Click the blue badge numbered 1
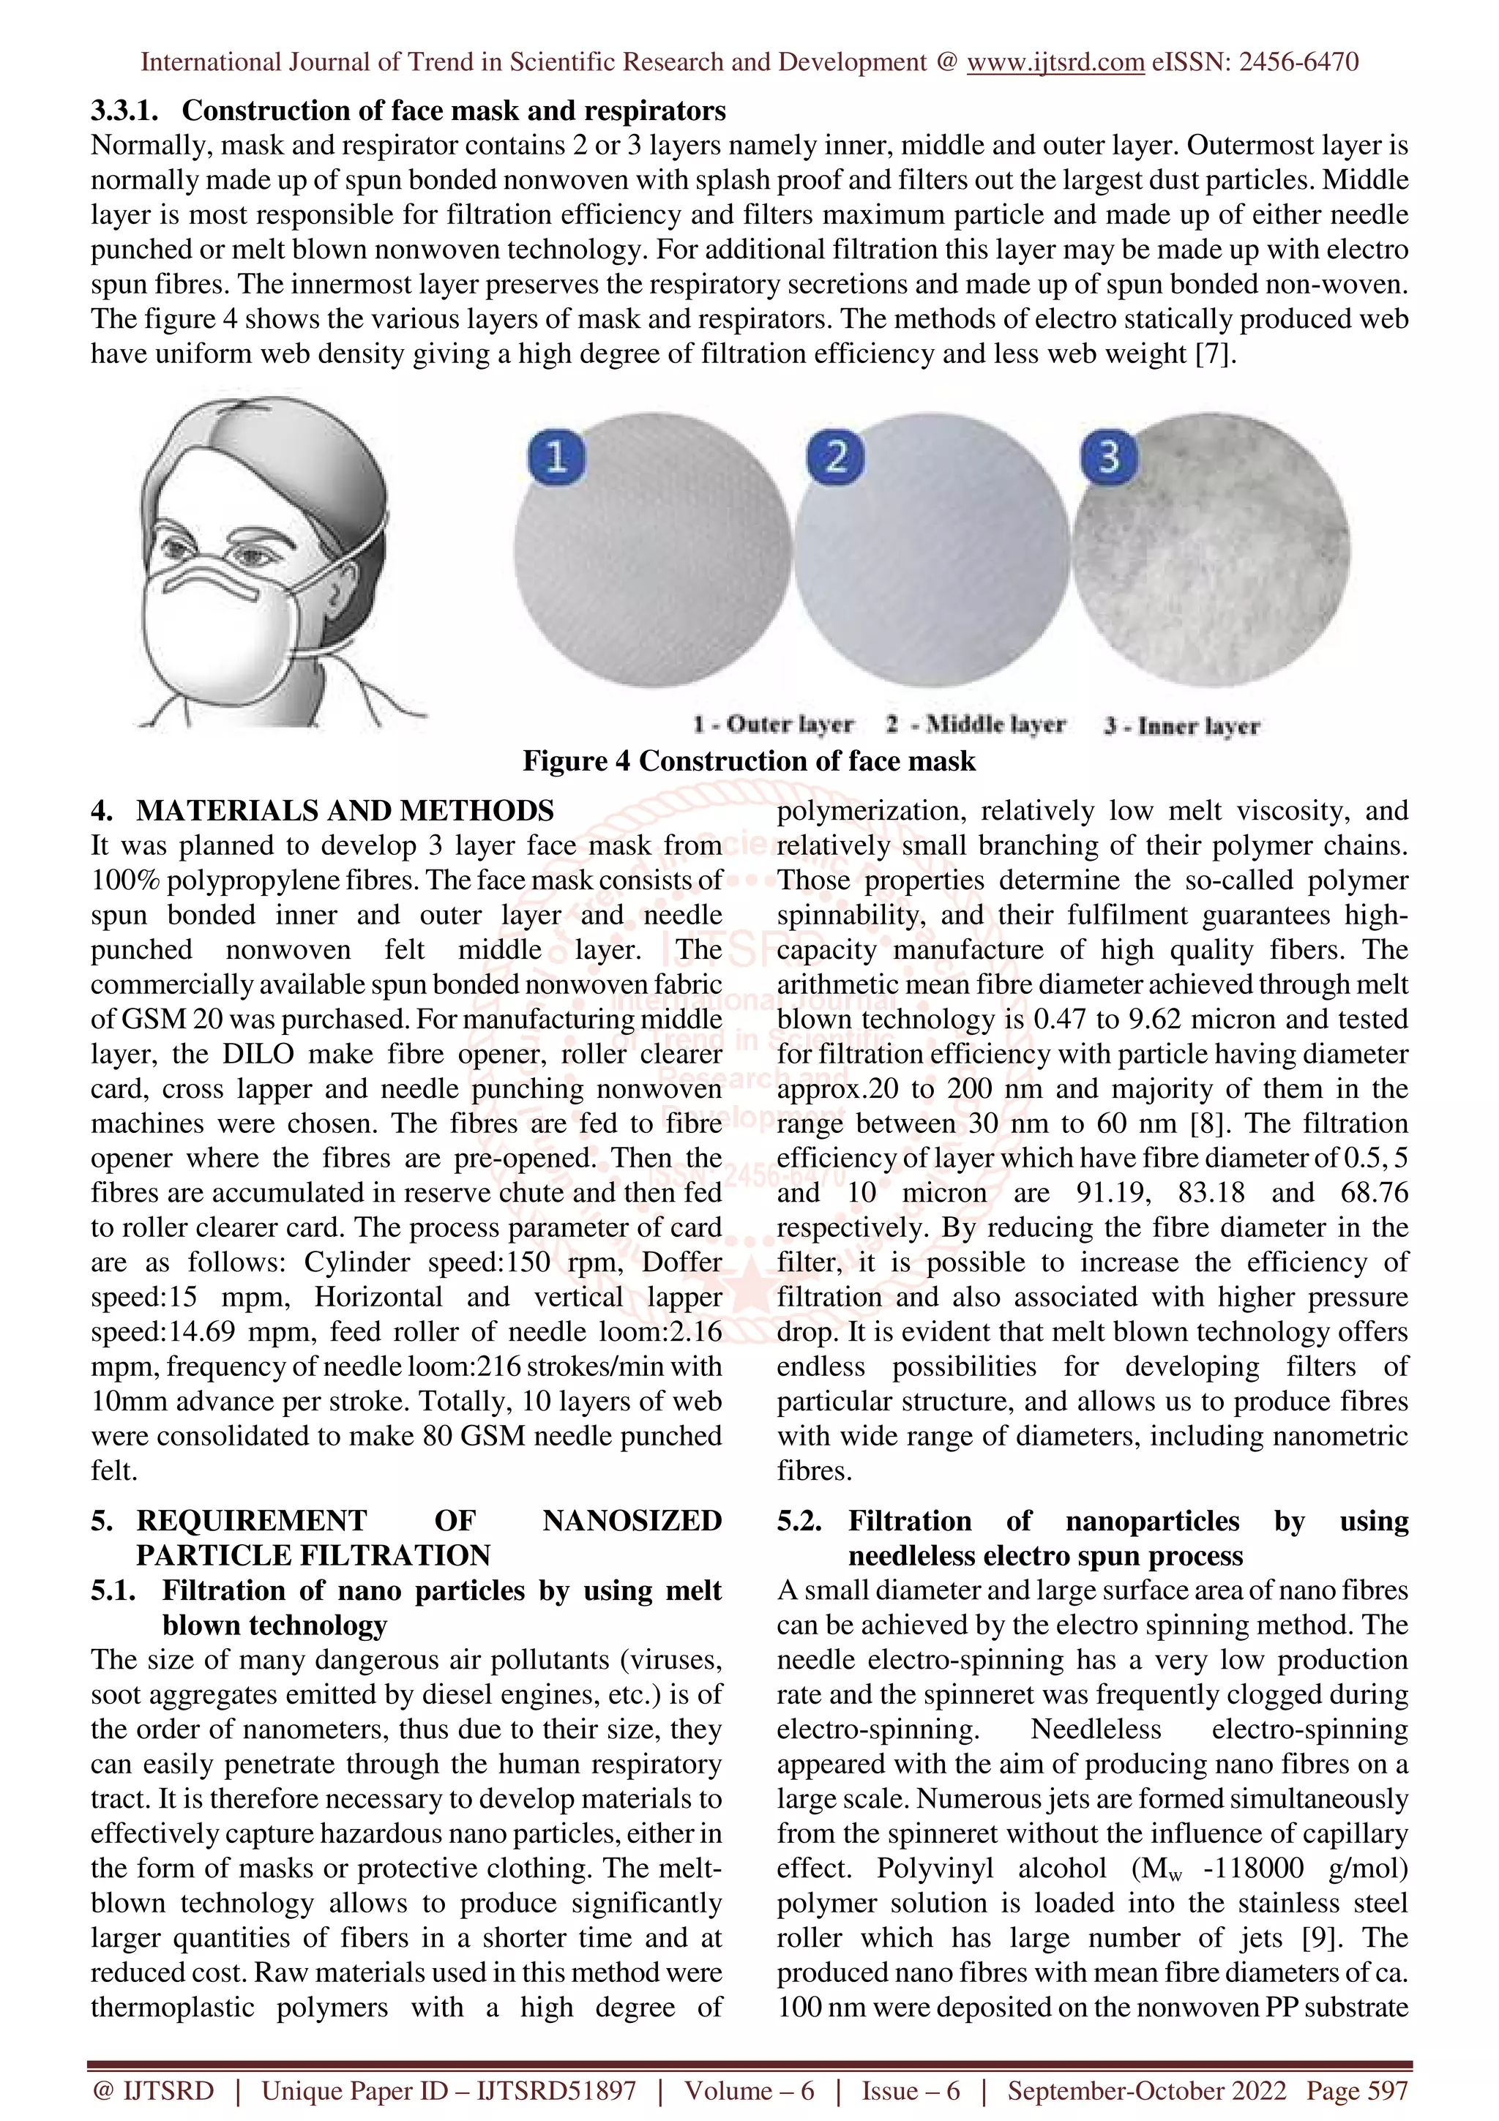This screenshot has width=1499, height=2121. [556, 457]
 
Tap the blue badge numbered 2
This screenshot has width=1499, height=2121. [835, 457]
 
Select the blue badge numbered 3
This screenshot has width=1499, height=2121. [1108, 457]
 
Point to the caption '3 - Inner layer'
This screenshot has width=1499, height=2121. [1181, 725]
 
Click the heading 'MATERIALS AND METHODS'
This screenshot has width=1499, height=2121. [345, 810]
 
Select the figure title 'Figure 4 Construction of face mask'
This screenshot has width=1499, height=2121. [748, 760]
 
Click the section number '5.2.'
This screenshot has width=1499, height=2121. [799, 1521]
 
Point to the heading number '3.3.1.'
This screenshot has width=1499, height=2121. [124, 111]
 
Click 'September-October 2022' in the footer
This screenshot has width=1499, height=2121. [1146, 2090]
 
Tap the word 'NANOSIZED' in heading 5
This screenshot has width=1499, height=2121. [632, 1521]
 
